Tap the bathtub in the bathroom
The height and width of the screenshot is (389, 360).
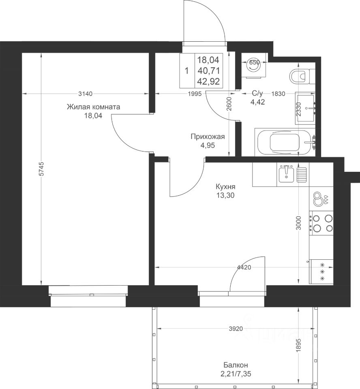click(x=285, y=142)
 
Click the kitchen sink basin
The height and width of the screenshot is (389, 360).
click(x=286, y=174)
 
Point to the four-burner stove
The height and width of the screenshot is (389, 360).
click(x=321, y=223)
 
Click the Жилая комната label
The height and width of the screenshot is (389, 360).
click(x=93, y=107)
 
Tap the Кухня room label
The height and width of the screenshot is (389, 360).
click(x=225, y=186)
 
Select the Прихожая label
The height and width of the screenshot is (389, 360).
click(x=208, y=137)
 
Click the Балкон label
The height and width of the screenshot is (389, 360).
click(x=236, y=365)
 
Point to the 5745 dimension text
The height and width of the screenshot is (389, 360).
click(x=42, y=169)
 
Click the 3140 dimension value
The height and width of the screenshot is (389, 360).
click(x=85, y=94)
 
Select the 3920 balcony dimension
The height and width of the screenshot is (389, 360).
click(x=236, y=329)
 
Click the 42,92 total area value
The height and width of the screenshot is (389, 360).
click(x=208, y=81)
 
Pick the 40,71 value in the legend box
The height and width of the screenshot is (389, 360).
click(x=208, y=71)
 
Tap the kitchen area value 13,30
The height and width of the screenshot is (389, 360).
click(x=225, y=195)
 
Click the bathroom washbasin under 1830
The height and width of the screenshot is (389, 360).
click(x=306, y=108)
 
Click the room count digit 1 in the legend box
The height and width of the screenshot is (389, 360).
click(x=187, y=71)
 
